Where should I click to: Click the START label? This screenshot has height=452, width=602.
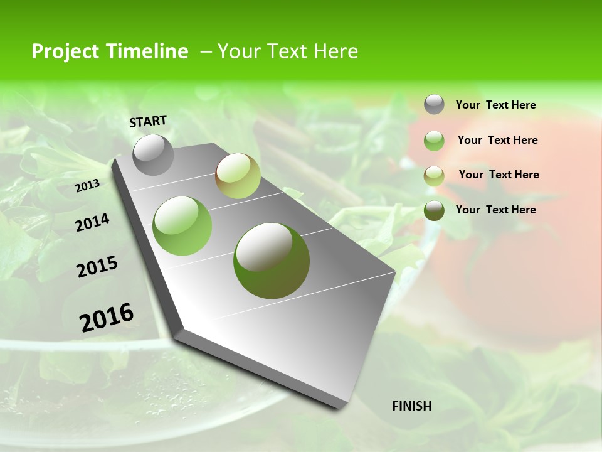pos(148,121)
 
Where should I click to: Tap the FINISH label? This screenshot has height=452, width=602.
pos(411,406)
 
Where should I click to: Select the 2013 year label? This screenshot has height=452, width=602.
pos(87,185)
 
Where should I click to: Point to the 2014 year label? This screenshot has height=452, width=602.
pos(92,223)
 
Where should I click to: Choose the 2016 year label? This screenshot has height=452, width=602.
pos(107,317)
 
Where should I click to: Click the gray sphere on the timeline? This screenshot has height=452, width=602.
pos(153,154)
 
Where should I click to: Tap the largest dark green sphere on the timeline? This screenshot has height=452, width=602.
pos(271,261)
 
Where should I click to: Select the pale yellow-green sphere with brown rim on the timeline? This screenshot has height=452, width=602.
pos(238,176)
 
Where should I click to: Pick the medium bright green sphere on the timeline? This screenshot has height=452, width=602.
pos(182,225)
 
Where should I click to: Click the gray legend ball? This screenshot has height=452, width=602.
pos(434,104)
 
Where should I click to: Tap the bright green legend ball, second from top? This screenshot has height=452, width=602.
pos(434,141)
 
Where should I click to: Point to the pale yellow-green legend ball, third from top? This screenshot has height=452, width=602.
pos(434,176)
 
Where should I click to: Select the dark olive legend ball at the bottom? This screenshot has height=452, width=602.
pos(434,210)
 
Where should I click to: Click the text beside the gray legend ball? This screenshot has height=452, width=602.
pos(495,105)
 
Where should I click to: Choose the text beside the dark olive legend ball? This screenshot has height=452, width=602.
pos(495,210)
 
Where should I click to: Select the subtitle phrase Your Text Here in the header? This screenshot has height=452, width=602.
pos(288,51)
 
